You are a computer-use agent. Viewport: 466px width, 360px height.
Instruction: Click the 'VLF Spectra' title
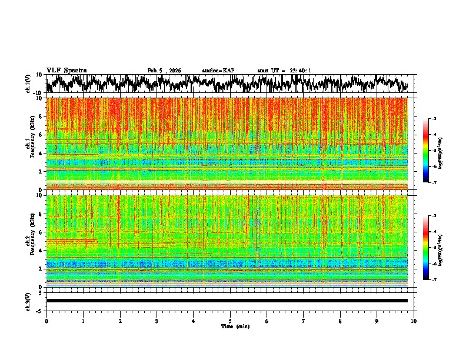(x=66, y=70)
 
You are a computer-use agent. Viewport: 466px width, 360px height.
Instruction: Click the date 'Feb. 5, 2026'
(x=164, y=71)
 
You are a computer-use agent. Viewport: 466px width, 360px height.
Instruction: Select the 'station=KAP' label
(x=218, y=71)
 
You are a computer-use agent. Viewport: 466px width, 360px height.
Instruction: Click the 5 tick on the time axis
(x=230, y=321)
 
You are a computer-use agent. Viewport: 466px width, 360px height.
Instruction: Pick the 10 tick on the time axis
(x=414, y=321)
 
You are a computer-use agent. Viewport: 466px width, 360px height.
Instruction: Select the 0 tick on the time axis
(x=46, y=321)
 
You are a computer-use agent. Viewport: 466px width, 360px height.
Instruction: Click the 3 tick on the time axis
(x=157, y=321)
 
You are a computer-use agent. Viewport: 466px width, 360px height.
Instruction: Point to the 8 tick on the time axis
(x=340, y=321)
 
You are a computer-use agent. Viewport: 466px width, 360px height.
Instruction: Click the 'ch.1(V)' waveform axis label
(x=28, y=84)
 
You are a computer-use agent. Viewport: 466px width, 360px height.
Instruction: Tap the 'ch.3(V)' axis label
(x=28, y=301)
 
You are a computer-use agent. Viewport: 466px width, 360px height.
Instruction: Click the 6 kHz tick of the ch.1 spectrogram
(x=41, y=135)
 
